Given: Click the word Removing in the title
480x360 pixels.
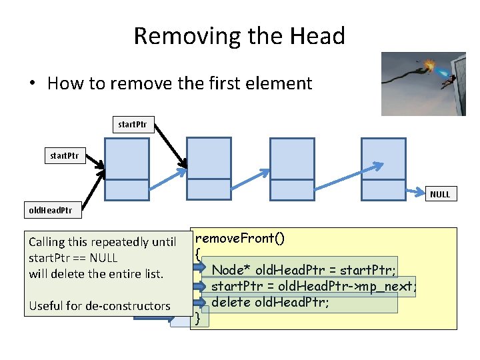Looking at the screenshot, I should pos(175,35).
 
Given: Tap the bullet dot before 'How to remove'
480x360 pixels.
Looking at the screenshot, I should pos(31,84).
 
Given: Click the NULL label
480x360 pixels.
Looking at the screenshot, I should pos(440,194).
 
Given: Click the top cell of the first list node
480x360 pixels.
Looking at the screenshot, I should pos(127,159).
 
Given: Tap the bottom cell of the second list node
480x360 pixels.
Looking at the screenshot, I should pos(209,189).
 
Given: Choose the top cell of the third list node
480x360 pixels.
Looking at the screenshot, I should pos(292,158).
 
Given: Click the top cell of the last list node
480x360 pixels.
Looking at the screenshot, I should pos(383,158).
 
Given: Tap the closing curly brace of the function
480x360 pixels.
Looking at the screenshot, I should pos(198,319).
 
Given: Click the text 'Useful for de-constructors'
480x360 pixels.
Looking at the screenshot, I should pos(99,306).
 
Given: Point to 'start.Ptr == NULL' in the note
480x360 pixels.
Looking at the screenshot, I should pos(73,258).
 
